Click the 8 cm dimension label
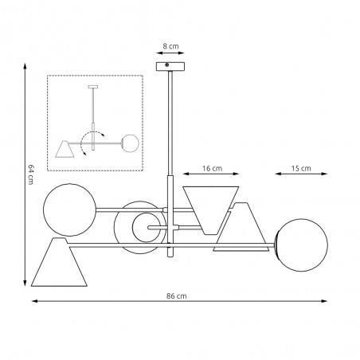point(170,46)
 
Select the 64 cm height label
point(31,174)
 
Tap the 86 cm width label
point(177,296)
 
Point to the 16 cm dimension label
point(212,168)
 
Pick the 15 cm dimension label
point(301,168)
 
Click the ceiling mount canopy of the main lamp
point(170,66)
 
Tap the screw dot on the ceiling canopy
point(167,65)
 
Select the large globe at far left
point(69,209)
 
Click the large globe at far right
point(301,245)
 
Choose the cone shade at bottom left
point(59,262)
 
